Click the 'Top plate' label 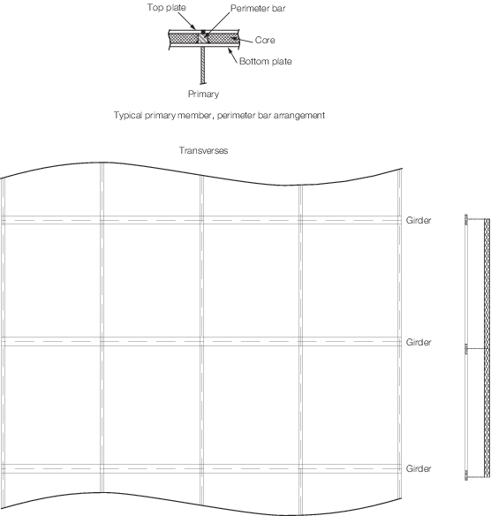166,8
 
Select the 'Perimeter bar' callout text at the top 258,8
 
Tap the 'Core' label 265,40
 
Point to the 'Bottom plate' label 266,62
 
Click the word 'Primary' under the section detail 204,95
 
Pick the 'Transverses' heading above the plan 204,150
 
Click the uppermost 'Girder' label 419,220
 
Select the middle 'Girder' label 419,342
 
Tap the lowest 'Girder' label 419,468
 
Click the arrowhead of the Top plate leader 195,28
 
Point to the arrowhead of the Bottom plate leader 230,49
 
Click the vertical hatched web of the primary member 203,64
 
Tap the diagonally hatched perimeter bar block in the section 202,39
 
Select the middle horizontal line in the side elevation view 476,348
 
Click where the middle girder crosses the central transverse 202,342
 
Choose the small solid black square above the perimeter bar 203,32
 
